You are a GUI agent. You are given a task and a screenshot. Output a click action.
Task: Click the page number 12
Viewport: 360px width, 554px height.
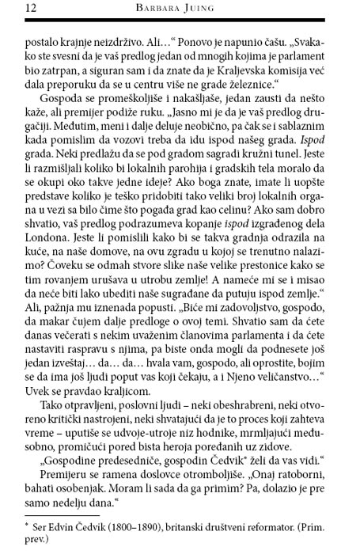click(15, 9)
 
